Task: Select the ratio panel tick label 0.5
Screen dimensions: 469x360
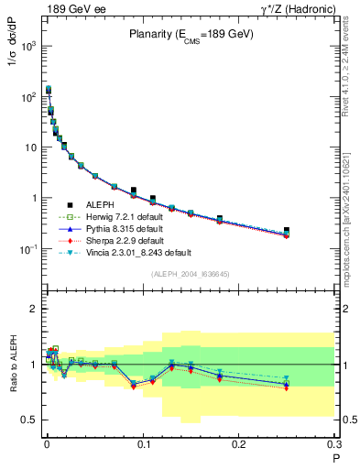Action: point(31,420)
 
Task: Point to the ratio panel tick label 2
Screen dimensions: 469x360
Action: point(35,309)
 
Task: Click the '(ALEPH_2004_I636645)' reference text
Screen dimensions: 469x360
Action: point(191,274)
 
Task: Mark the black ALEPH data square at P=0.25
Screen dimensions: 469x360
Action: point(287,231)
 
